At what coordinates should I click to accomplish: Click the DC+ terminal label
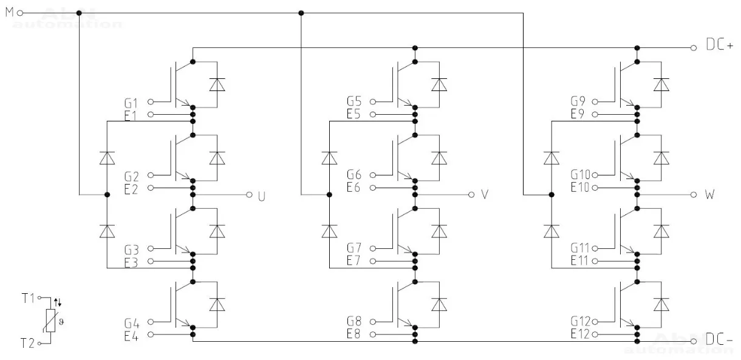tap(720, 46)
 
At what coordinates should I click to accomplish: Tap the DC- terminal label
tap(720, 341)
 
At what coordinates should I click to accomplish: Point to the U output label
tap(262, 195)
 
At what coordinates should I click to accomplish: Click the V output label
tap(484, 195)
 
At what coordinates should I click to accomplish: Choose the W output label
tap(709, 195)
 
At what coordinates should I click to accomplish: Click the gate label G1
tap(131, 102)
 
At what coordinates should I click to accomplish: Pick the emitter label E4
tap(131, 335)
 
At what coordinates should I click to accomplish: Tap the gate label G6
tap(354, 175)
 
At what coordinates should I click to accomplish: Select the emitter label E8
tap(354, 335)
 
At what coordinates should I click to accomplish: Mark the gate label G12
tap(579, 322)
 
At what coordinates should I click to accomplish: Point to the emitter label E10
tap(579, 188)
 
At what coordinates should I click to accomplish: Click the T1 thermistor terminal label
tap(28, 299)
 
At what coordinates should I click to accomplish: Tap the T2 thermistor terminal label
tap(28, 344)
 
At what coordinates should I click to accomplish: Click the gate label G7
tap(354, 248)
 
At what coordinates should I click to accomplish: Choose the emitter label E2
tap(131, 188)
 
